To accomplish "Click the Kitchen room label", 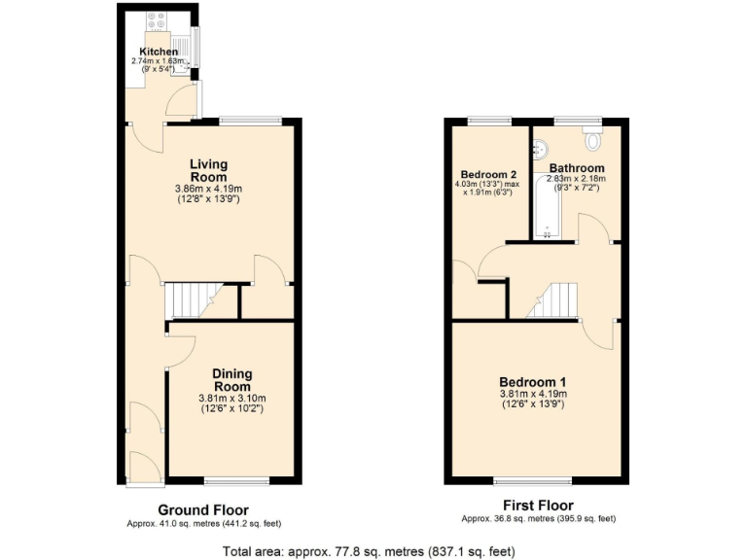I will (159, 52).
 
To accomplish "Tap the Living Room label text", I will (208, 170).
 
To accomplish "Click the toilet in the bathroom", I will (591, 136).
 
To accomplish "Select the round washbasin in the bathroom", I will (541, 149).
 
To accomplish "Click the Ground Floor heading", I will (203, 509).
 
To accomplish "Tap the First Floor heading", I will (538, 506).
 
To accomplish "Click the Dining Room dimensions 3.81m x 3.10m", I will (232, 398).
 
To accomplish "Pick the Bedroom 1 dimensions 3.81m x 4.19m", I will (533, 394).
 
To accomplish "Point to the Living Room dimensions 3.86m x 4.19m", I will (208, 188).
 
